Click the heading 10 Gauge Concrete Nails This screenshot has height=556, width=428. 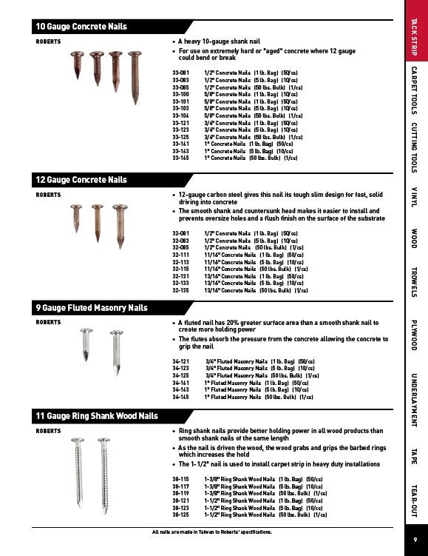coord(81,27)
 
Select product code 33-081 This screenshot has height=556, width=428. coord(180,73)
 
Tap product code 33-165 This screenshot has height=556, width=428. coord(180,158)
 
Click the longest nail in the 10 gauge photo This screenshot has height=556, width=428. coord(135,78)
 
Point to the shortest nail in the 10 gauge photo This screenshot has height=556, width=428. coord(77,65)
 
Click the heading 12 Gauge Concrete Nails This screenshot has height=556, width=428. coord(81,180)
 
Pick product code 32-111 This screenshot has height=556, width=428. coord(180,255)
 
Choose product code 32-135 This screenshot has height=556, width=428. coord(180,290)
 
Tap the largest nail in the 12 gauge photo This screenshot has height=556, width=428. coord(120,227)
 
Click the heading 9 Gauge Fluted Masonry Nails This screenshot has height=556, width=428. coord(92,308)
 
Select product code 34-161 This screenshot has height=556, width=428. coord(180,383)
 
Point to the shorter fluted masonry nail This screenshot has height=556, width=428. coord(86,344)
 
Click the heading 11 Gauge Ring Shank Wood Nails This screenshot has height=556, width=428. coord(97,416)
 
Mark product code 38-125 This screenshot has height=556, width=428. coord(180,515)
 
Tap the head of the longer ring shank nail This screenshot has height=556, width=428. coord(103,441)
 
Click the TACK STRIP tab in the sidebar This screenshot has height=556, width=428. coord(414,37)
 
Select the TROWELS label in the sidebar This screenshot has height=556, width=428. coord(414,282)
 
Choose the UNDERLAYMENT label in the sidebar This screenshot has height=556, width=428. coord(414,400)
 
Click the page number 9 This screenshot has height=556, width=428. coord(415,540)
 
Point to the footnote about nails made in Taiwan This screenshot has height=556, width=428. coord(212,532)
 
